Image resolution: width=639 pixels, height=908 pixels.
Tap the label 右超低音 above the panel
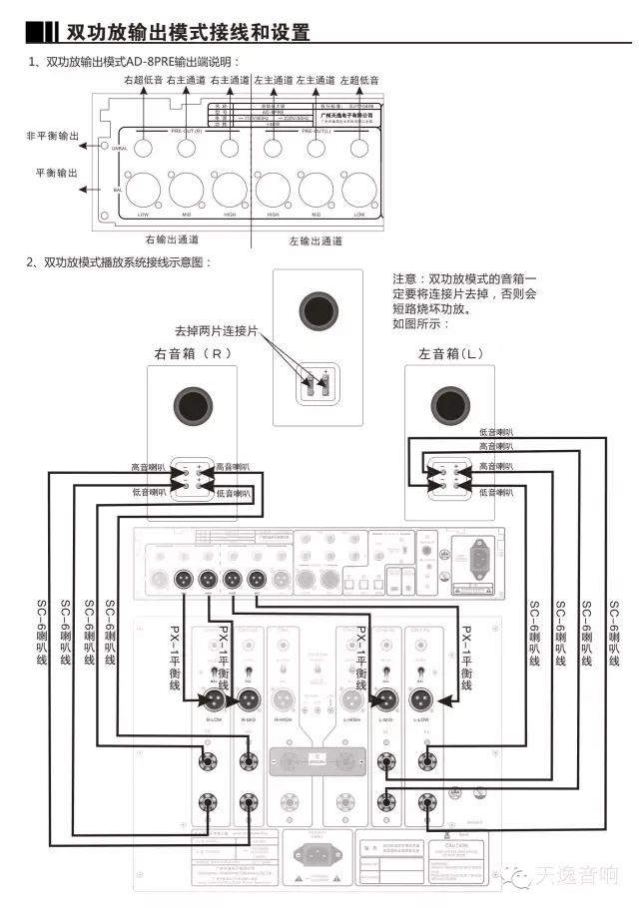click(x=142, y=79)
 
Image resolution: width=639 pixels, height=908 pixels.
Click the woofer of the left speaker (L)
click(x=448, y=405)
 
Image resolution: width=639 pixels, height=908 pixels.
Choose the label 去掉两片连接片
click(x=216, y=330)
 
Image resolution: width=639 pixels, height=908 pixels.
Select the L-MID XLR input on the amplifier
click(x=385, y=700)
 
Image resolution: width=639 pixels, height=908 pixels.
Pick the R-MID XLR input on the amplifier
click(x=249, y=700)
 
